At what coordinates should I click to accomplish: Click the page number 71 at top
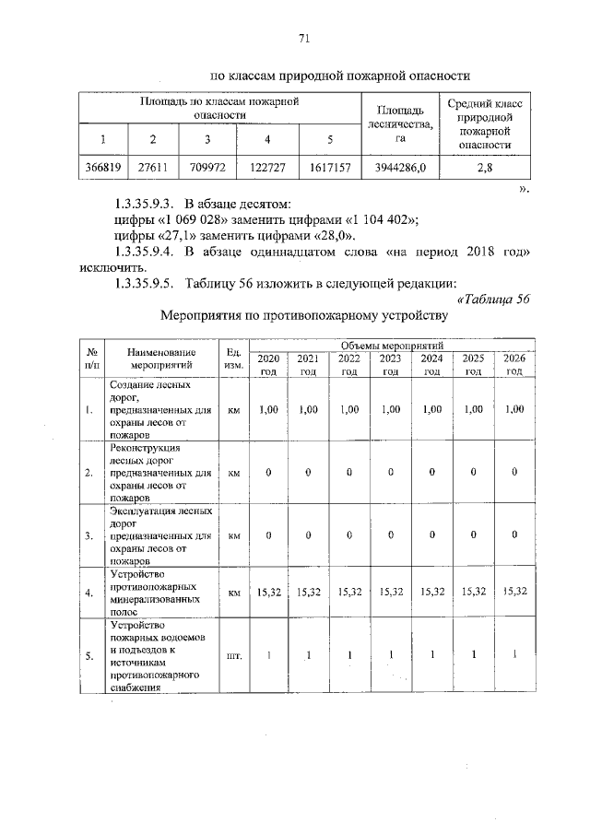click(302, 38)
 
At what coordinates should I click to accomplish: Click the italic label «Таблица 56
click(493, 299)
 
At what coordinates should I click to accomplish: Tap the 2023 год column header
click(390, 364)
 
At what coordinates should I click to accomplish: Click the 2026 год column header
click(513, 364)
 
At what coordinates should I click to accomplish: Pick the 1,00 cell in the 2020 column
click(268, 409)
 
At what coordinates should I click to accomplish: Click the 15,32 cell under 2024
click(431, 593)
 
